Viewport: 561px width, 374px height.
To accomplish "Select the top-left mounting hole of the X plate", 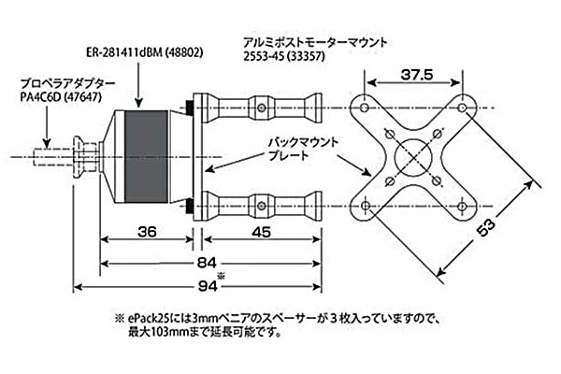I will (x=364, y=108).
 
